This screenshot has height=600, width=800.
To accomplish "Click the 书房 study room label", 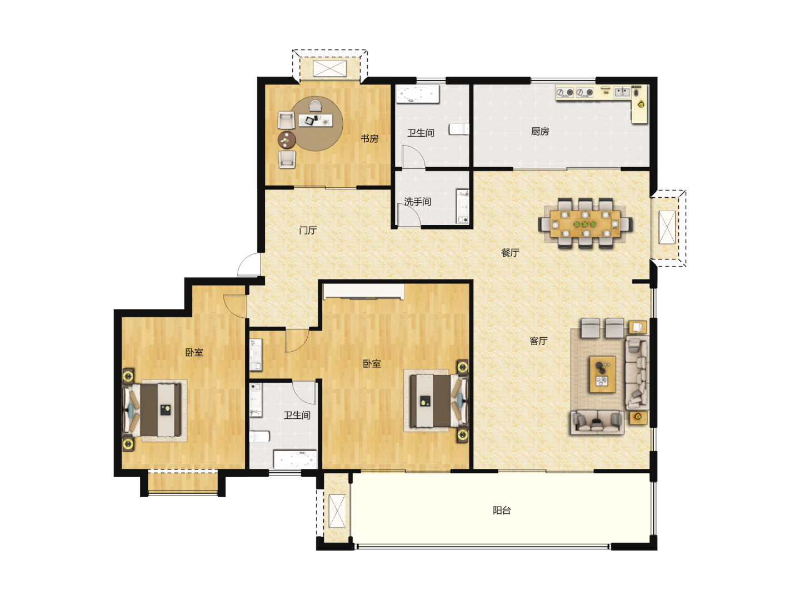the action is pos(369,138).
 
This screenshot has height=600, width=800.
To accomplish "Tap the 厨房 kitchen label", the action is pos(540,131).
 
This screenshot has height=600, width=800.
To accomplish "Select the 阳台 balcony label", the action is pos(502,510).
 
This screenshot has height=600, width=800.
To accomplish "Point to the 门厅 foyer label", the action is pos(308,230).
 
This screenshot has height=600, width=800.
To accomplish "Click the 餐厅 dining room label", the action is pos(510,252).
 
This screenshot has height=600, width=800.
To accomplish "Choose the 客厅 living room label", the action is pos(538,341).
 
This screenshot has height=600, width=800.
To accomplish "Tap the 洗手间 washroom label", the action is pos(417,202).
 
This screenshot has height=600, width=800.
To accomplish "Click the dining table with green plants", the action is pos(585,224).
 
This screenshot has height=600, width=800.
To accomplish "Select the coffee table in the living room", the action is pos(602,374).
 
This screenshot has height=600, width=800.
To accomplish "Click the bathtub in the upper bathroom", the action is pos(418,94).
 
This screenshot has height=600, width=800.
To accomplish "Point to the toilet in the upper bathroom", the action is pos(459,129).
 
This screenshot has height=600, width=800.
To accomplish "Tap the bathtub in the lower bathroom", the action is pos(295,459).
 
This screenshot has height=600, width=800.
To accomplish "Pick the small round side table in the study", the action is pos(287,140).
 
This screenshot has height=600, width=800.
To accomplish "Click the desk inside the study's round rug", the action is pos(316,120).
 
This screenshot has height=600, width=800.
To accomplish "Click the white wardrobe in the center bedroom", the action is pos(364,292).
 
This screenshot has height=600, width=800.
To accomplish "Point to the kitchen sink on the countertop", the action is pos(622,92).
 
